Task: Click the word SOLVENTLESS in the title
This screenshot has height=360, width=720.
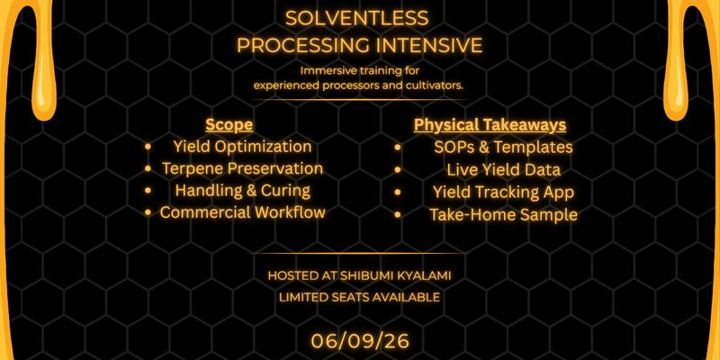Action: [x=356, y=18]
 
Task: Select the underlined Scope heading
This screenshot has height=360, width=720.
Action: [x=229, y=125]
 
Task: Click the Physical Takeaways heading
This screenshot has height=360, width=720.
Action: [x=490, y=125]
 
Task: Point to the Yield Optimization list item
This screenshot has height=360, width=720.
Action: [x=242, y=147]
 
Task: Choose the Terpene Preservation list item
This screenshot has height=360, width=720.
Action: [x=242, y=168]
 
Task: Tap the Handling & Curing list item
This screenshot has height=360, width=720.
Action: [x=242, y=190]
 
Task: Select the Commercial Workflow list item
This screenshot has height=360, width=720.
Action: [x=242, y=212]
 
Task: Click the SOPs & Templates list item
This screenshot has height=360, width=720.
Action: [x=503, y=147]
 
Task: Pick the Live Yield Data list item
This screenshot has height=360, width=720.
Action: [x=503, y=169]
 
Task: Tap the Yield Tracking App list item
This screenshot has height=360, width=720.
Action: [x=503, y=192]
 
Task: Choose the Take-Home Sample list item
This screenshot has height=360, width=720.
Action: [x=503, y=214]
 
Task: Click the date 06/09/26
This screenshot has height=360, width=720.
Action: [x=360, y=341]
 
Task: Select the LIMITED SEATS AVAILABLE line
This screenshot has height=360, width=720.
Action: [x=359, y=297]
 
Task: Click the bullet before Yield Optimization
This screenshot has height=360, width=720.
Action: [x=148, y=147]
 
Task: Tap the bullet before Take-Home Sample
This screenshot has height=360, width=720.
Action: [x=397, y=214]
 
